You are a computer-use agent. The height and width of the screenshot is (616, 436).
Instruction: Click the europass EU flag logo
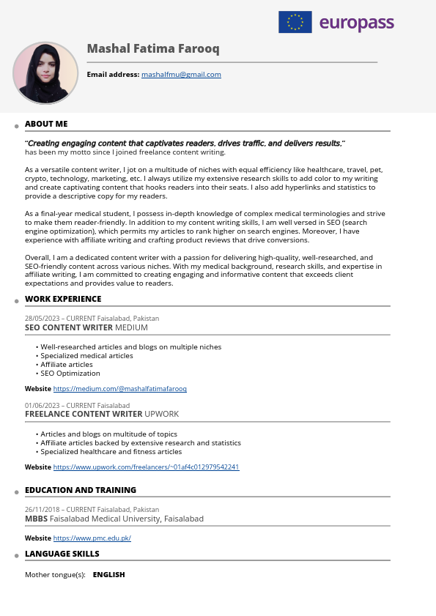click(x=295, y=23)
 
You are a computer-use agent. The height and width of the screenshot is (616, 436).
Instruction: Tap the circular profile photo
click(x=45, y=73)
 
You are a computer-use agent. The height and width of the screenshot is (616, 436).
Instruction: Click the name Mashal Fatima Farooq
click(x=152, y=49)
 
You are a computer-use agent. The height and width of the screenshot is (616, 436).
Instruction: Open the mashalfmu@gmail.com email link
click(x=181, y=75)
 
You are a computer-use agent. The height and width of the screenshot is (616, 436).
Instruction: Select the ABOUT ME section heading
click(x=46, y=124)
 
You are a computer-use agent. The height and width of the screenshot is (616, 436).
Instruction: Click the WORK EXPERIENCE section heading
click(x=63, y=299)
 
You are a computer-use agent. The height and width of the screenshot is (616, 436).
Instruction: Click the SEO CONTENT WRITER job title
click(x=69, y=327)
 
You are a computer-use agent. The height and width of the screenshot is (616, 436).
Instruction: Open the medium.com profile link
click(x=119, y=389)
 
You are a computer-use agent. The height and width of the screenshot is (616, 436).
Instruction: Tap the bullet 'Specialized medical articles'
click(x=86, y=356)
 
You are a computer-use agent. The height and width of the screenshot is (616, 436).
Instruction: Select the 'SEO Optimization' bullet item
click(x=70, y=374)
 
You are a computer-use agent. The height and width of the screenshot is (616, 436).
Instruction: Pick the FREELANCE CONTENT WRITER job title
click(x=84, y=414)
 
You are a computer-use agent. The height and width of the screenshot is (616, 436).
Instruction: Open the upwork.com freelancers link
click(x=146, y=467)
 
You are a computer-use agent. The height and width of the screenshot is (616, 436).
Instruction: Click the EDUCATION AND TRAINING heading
click(x=81, y=490)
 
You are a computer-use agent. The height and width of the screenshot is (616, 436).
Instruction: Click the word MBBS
click(x=36, y=519)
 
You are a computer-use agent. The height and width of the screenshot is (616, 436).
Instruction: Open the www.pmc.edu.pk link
click(x=92, y=538)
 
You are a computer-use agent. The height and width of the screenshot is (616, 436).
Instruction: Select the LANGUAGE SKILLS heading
click(x=62, y=554)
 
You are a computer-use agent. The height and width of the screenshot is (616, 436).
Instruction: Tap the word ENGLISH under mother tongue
click(x=109, y=575)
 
